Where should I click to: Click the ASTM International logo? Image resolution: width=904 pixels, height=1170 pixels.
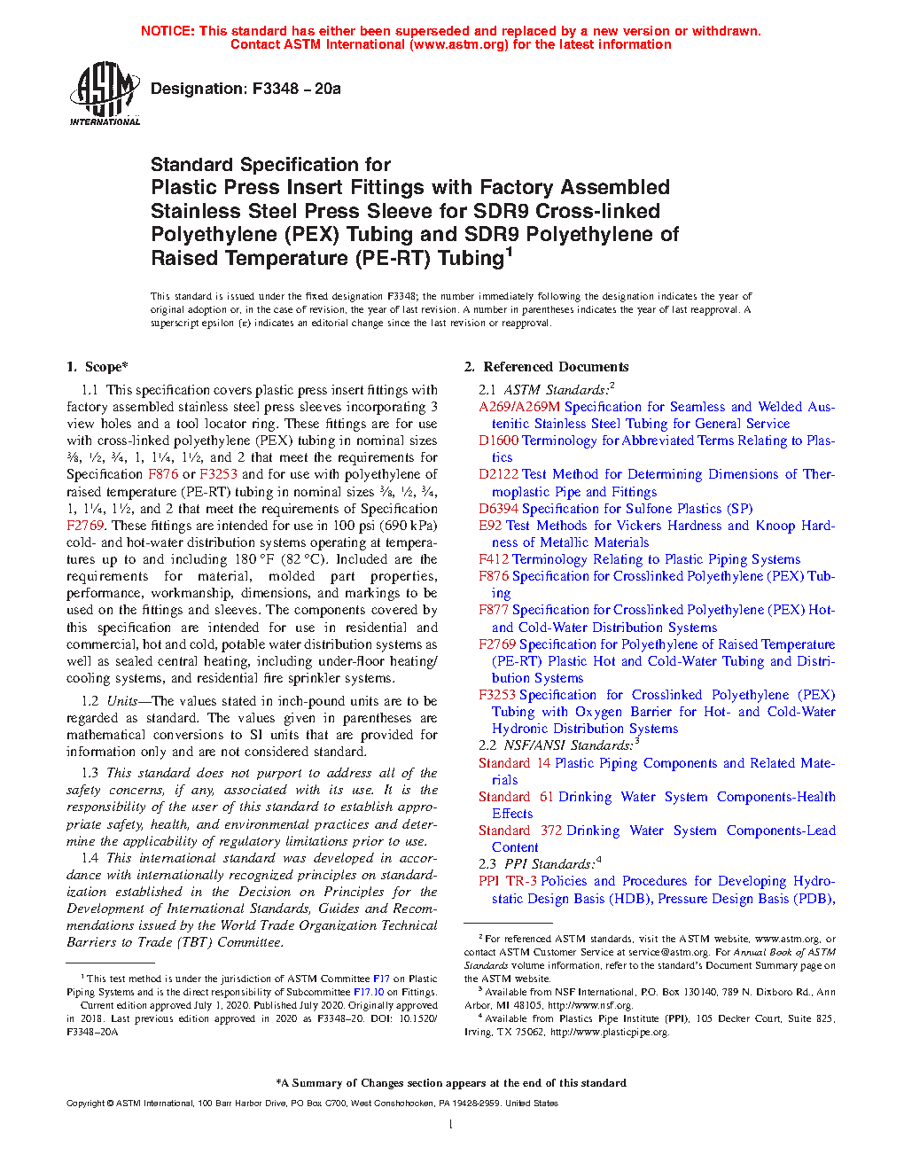click(x=105, y=93)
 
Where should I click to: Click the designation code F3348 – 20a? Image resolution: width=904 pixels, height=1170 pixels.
click(x=245, y=89)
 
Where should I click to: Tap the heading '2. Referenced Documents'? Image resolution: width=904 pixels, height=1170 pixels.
click(x=547, y=367)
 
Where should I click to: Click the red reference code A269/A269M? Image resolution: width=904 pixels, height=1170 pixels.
click(x=519, y=407)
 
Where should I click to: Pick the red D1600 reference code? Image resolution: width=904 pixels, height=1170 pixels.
click(x=498, y=441)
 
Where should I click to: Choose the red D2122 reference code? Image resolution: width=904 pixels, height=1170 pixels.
click(x=498, y=474)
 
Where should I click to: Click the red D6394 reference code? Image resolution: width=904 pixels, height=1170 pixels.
click(x=498, y=509)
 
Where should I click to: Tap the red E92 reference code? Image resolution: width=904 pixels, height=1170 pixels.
click(x=490, y=526)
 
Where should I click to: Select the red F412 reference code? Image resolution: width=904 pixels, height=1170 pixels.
click(x=494, y=559)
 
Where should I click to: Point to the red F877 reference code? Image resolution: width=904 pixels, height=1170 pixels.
click(x=494, y=610)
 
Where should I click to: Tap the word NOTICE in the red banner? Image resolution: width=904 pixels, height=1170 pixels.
click(x=168, y=31)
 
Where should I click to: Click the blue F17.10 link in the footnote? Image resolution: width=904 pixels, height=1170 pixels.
click(x=369, y=993)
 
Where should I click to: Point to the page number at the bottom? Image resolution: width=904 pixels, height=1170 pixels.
click(x=451, y=1125)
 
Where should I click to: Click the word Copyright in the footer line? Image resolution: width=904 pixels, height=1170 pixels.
click(x=85, y=1104)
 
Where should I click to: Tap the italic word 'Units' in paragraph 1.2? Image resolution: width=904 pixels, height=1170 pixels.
click(x=122, y=701)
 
